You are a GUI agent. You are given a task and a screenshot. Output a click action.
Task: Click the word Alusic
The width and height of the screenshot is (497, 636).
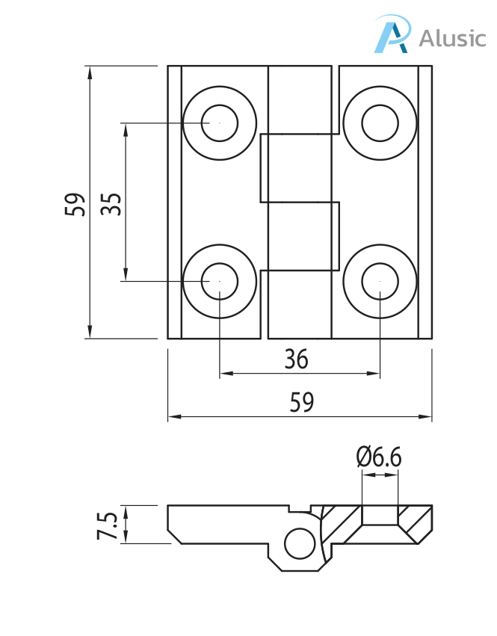[x=452, y=37]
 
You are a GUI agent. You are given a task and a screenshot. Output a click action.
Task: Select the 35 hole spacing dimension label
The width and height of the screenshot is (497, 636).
[x=111, y=203]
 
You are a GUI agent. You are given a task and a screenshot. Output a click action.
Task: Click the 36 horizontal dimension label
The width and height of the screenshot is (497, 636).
[x=296, y=360]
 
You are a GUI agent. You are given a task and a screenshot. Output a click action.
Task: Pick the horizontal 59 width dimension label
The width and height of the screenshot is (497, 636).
[x=301, y=403]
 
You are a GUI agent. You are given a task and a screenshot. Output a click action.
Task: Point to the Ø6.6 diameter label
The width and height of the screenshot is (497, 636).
[x=379, y=456]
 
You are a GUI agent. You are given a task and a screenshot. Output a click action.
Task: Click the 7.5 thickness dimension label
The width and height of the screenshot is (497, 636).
[x=108, y=525]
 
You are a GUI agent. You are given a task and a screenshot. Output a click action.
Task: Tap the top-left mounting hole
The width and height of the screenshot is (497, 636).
[x=220, y=122]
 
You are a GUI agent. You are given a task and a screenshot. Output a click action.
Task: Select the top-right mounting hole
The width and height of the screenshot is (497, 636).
[x=380, y=122]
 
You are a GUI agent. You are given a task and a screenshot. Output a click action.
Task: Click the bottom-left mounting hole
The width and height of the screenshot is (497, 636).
[x=220, y=281]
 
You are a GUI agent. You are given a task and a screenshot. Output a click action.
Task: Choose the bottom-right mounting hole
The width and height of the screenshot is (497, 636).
[x=380, y=281]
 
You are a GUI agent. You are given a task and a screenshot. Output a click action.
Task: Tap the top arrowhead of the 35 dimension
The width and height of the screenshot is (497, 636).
[x=126, y=128]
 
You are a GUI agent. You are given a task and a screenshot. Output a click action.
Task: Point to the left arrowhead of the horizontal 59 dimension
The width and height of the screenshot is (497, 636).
[x=173, y=416]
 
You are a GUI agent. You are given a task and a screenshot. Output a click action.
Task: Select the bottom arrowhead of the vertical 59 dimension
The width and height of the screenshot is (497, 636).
[x=90, y=333]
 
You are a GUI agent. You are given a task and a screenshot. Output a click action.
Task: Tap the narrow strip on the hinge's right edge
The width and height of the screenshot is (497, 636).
[x=425, y=202]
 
